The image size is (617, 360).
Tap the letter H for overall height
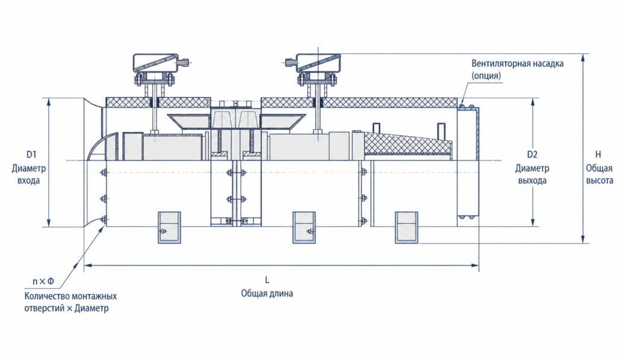(598, 154)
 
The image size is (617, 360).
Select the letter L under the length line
(267, 280)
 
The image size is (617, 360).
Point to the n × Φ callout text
(43, 281)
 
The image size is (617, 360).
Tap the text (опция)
(486, 75)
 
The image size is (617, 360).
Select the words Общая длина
(267, 294)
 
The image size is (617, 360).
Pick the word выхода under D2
(532, 181)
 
